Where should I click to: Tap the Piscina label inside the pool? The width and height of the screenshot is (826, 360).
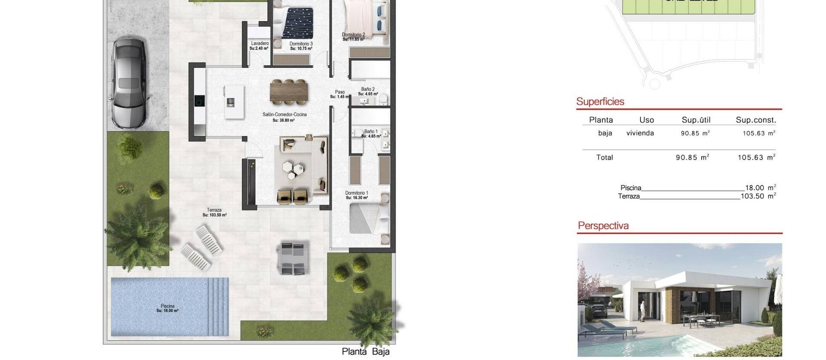pyautogui.click(x=168, y=308)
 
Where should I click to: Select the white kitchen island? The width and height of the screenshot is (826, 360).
pyautogui.click(x=234, y=102)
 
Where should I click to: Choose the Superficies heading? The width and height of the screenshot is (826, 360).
pyautogui.click(x=600, y=102)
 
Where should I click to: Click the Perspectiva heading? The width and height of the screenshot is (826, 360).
pyautogui.click(x=603, y=226)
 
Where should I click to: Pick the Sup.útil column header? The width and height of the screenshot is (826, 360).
pyautogui.click(x=696, y=120)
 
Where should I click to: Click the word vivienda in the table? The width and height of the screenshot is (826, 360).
pyautogui.click(x=640, y=133)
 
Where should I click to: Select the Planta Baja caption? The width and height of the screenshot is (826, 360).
pyautogui.click(x=366, y=351)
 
